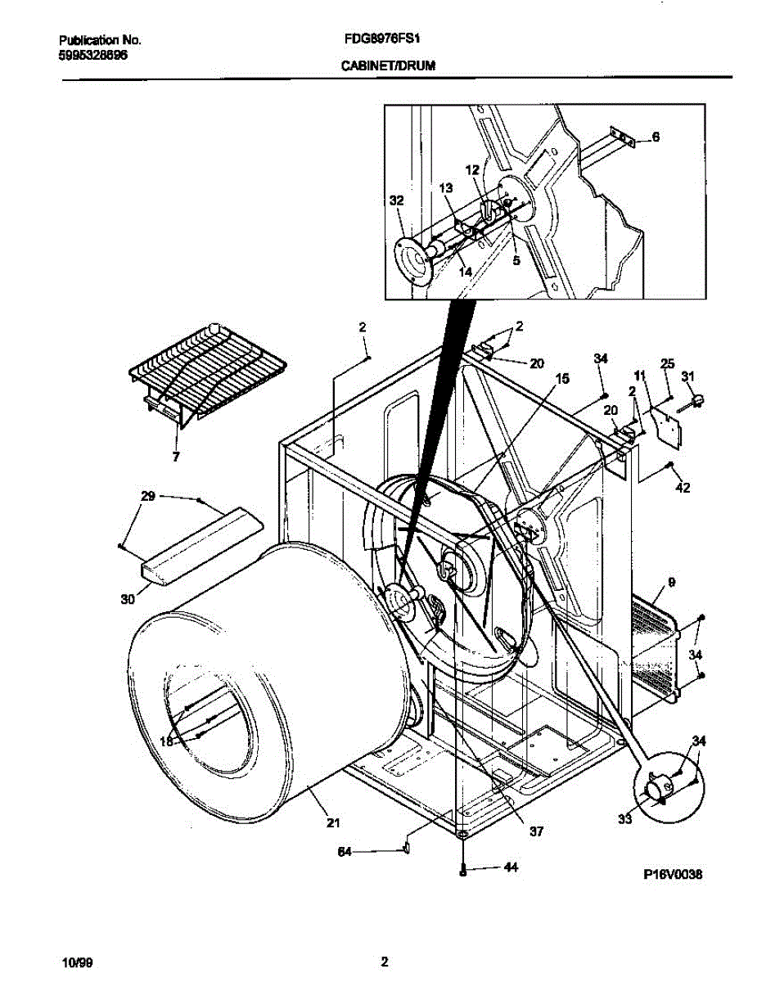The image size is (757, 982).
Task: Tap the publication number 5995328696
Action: (93, 55)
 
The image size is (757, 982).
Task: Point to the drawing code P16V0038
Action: (673, 875)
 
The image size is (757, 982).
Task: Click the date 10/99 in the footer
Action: (77, 962)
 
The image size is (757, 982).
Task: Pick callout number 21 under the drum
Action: (333, 822)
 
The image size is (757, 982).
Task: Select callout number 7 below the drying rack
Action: (175, 457)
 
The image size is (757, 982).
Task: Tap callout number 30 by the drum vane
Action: (127, 599)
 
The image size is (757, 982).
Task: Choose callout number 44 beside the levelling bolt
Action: (511, 867)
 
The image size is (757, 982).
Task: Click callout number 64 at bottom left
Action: (345, 851)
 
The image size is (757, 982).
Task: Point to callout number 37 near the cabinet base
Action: (536, 831)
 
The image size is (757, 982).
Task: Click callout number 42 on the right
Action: (683, 489)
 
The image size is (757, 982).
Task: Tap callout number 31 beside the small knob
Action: (688, 376)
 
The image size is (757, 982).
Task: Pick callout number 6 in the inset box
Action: (656, 137)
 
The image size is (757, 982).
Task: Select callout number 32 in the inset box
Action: (396, 200)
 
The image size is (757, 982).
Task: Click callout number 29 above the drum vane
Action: (147, 497)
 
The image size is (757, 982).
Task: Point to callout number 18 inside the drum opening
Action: (166, 741)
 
